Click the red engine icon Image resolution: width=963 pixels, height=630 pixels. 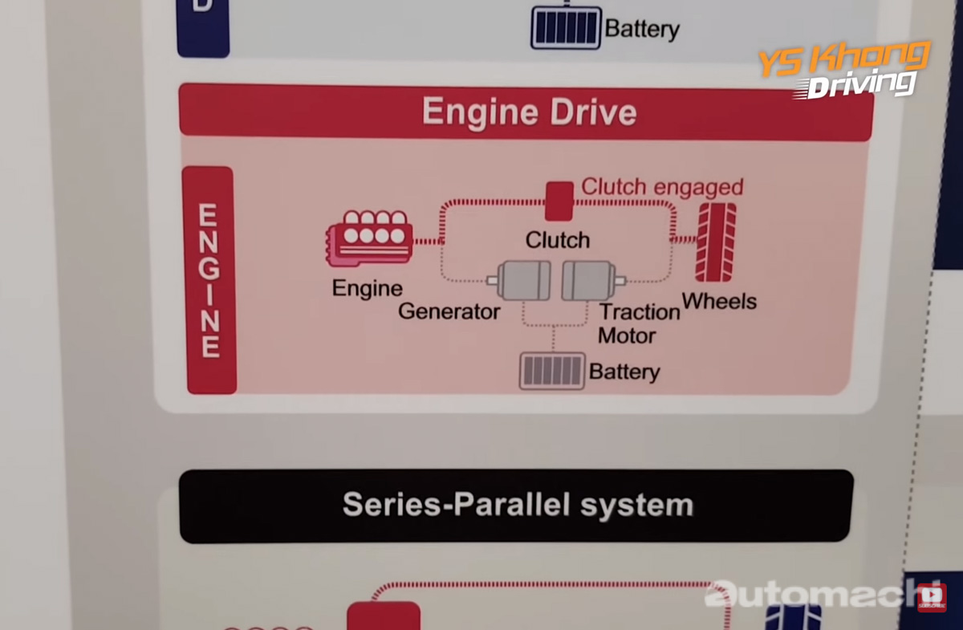(x=370, y=238)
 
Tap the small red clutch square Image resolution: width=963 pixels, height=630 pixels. (x=559, y=201)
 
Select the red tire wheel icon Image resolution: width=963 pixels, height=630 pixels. (x=715, y=242)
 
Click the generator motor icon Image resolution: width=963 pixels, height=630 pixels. (x=522, y=281)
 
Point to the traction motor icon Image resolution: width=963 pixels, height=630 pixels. (x=591, y=281)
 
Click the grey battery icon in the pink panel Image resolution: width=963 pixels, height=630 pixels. (x=551, y=371)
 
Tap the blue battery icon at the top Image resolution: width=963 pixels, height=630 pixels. (x=566, y=28)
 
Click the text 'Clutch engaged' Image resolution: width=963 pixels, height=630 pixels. (x=662, y=187)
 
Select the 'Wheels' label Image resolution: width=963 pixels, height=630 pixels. (x=719, y=302)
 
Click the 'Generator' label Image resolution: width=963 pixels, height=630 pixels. (x=449, y=311)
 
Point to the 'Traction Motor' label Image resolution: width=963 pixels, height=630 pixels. (x=639, y=323)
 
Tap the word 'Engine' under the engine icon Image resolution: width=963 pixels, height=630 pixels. (x=367, y=288)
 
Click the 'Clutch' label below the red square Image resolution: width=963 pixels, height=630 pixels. (x=558, y=239)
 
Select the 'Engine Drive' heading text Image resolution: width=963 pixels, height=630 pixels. (x=529, y=112)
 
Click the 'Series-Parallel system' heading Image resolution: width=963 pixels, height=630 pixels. (x=517, y=505)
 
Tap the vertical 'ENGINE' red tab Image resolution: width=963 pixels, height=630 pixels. (x=209, y=280)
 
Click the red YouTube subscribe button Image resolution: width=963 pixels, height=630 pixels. (x=932, y=596)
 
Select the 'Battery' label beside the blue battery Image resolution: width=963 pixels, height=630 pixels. (x=642, y=30)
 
